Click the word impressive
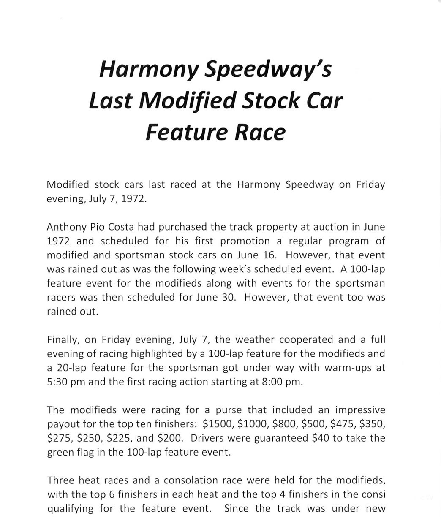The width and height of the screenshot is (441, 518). point(360,410)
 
